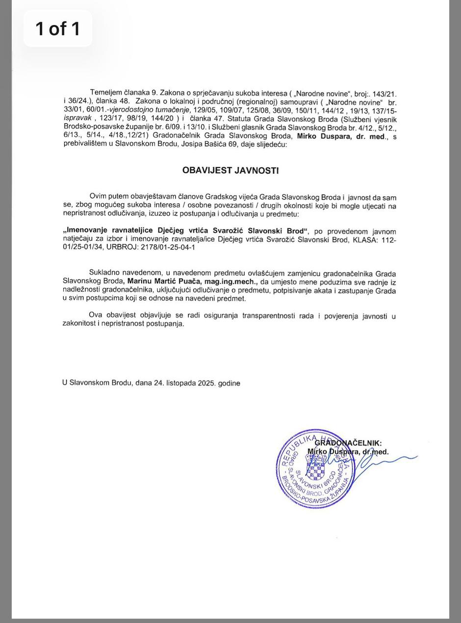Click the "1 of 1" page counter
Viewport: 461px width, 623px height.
click(x=57, y=28)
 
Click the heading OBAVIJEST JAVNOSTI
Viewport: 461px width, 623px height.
click(x=230, y=171)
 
